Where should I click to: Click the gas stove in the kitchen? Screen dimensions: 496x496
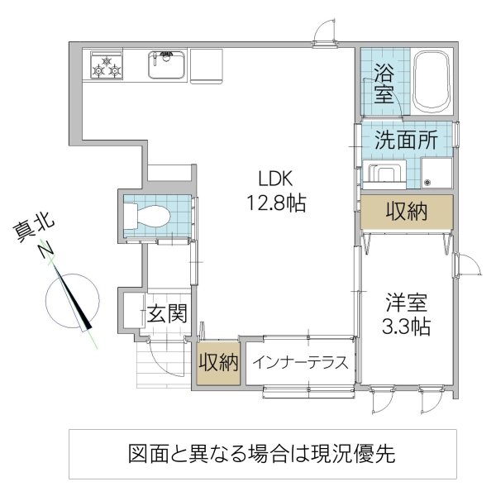(107, 66)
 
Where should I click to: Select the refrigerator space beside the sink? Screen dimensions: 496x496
(206, 65)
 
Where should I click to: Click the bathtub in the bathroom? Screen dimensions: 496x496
(431, 81)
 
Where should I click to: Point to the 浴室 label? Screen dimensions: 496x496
(384, 82)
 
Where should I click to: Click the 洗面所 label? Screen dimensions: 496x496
(405, 139)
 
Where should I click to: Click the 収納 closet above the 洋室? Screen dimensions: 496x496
(406, 212)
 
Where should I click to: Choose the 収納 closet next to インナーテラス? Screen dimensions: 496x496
(217, 363)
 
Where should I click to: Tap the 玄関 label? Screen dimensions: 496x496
(167, 313)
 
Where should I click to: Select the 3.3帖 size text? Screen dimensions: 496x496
(405, 326)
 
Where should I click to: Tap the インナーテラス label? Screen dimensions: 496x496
(299, 363)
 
